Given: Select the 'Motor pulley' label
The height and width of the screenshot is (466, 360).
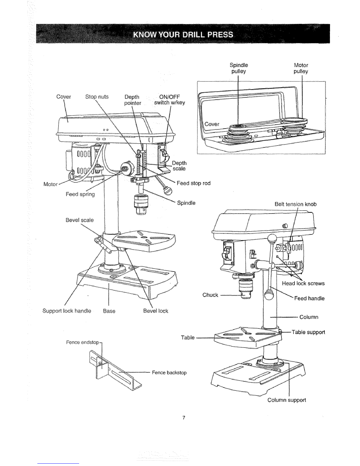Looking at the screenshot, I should click(301, 68).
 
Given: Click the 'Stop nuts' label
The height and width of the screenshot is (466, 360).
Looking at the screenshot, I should click(97, 97).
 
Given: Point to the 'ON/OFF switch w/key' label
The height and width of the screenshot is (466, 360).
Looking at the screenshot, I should click(169, 100).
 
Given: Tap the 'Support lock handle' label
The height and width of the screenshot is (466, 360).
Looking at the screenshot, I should click(67, 311).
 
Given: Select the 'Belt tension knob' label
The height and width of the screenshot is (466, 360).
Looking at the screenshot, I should click(296, 204).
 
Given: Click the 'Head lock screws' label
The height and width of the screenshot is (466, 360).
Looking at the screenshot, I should click(303, 284).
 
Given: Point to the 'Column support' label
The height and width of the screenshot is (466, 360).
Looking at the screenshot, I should click(287, 400).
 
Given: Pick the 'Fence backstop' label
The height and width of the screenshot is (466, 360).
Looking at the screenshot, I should click(169, 373).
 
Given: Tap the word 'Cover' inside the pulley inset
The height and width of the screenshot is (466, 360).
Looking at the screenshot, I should click(212, 124).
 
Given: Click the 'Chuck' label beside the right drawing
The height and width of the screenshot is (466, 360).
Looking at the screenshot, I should click(210, 295).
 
